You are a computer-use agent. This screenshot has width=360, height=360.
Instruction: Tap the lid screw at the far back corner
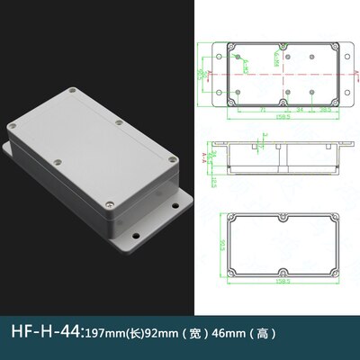pos(119,121)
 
